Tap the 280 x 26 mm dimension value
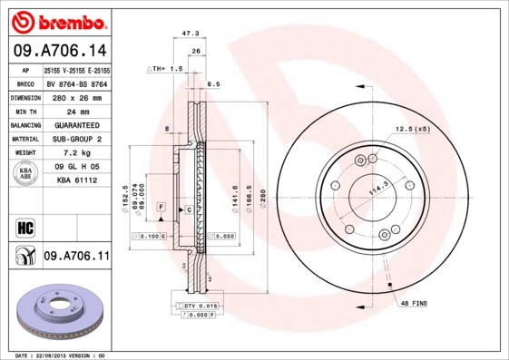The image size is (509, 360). click(x=77, y=97)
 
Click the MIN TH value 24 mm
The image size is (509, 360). click(x=77, y=111)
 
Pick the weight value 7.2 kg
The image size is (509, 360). click(x=77, y=153)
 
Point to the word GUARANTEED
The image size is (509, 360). click(x=77, y=125)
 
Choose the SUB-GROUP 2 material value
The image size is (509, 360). click(x=77, y=139)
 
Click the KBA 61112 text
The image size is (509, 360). click(x=77, y=181)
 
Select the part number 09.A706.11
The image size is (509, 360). click(x=76, y=258)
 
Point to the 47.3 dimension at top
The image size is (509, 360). click(x=191, y=34)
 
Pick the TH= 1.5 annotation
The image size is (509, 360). click(x=165, y=69)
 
